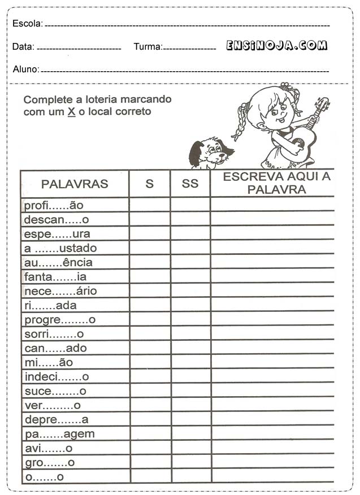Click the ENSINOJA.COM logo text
click(x=276, y=46)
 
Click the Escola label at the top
click(x=27, y=24)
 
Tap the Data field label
click(x=23, y=47)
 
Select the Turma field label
click(x=148, y=47)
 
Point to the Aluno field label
click(x=25, y=70)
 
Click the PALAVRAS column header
click(x=75, y=184)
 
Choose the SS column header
click(x=190, y=184)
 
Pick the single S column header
click(x=150, y=184)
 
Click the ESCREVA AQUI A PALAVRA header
click(x=276, y=183)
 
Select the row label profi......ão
click(x=54, y=205)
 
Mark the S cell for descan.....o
click(x=150, y=219)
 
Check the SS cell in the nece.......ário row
click(x=190, y=291)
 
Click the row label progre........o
click(x=60, y=320)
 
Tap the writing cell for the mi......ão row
click(x=272, y=362)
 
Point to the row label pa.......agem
click(x=59, y=434)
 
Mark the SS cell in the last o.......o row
click(x=190, y=477)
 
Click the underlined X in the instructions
click(x=71, y=112)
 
